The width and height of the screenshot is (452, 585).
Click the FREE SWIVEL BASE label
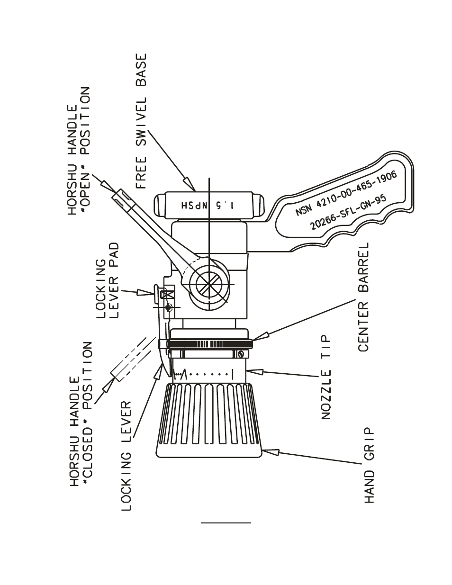tap(142, 121)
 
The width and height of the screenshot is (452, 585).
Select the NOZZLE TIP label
tap(326, 377)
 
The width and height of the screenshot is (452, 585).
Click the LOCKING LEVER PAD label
tap(108, 280)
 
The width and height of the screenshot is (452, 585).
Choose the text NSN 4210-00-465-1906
tap(346, 193)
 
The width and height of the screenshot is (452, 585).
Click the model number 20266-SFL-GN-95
tap(349, 212)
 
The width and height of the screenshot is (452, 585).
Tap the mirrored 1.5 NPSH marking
tap(208, 206)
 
